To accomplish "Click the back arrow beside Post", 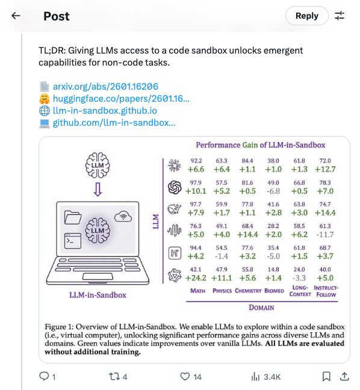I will (16, 16).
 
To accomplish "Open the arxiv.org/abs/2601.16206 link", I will (105, 87).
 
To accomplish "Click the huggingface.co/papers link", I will (121, 99).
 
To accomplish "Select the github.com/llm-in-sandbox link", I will (114, 123).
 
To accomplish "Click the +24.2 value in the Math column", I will (196, 277).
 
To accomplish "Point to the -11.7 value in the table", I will (325, 234).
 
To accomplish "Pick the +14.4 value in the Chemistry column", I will (247, 234).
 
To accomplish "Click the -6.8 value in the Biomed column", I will (273, 191).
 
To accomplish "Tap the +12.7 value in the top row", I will (325, 170).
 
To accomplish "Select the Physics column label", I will (222, 291).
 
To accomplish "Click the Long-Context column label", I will (300, 291).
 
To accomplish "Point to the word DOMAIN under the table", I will (261, 307).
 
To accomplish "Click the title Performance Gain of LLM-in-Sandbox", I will (260, 145).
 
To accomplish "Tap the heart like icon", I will (185, 377).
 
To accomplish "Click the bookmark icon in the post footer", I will (326, 377).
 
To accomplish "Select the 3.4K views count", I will (265, 377).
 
